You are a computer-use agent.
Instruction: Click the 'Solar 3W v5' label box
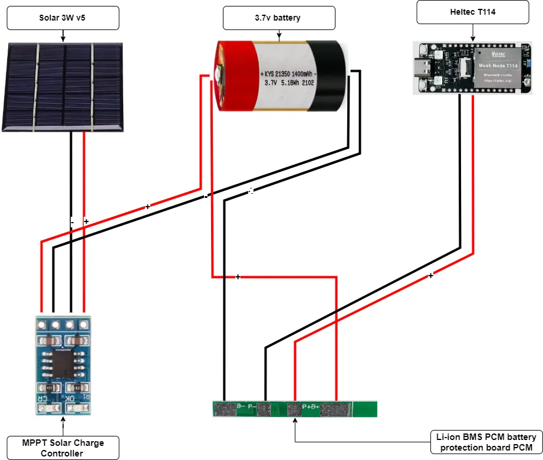[62, 18]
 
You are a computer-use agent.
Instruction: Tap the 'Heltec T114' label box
[471, 12]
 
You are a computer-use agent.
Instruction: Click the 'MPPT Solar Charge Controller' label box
[62, 448]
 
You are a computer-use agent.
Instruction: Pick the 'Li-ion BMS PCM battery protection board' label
[486, 442]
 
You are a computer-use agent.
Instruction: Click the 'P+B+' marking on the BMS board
[311, 406]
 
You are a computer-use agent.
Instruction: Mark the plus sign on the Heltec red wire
[430, 276]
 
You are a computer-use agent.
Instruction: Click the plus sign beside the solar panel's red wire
[86, 221]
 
